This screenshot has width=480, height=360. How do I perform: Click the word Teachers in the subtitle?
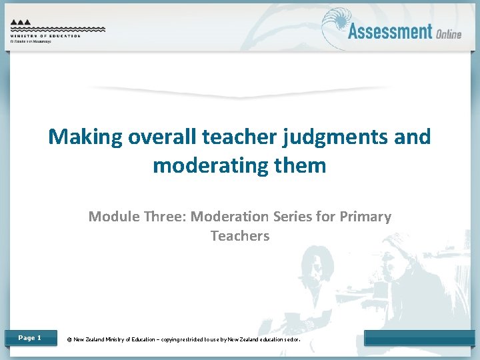[240, 236]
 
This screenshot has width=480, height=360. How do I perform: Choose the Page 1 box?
[29, 338]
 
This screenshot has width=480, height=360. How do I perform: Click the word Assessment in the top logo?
[390, 31]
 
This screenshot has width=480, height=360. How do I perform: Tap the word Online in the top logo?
[449, 33]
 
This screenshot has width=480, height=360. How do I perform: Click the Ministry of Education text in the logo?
[45, 36]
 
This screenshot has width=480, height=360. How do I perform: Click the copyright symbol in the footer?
[69, 339]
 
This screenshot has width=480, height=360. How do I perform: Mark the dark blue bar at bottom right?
[419, 338]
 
